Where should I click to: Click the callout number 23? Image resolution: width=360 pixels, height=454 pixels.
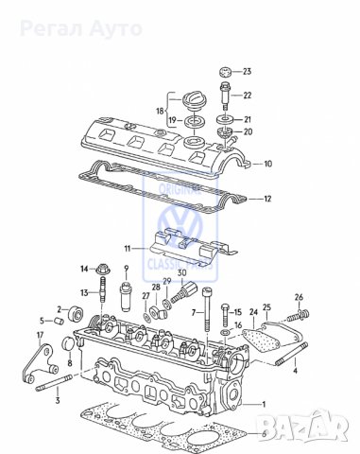tap(247, 72)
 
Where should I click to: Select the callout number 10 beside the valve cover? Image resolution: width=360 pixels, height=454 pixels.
tap(267, 164)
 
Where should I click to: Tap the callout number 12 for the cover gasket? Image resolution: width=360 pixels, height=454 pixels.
tap(267, 200)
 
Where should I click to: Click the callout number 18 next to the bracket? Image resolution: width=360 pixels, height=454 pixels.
tap(160, 110)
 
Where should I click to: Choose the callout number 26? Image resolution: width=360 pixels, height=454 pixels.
tap(300, 296)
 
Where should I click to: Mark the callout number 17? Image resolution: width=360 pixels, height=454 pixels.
tap(40, 336)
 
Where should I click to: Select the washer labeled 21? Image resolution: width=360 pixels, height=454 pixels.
tap(227, 120)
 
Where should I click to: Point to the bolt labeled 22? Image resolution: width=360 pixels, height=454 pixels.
tap(226, 96)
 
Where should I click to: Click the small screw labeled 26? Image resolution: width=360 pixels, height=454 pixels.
tap(302, 316)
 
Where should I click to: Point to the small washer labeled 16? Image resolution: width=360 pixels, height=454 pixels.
tap(224, 333)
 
